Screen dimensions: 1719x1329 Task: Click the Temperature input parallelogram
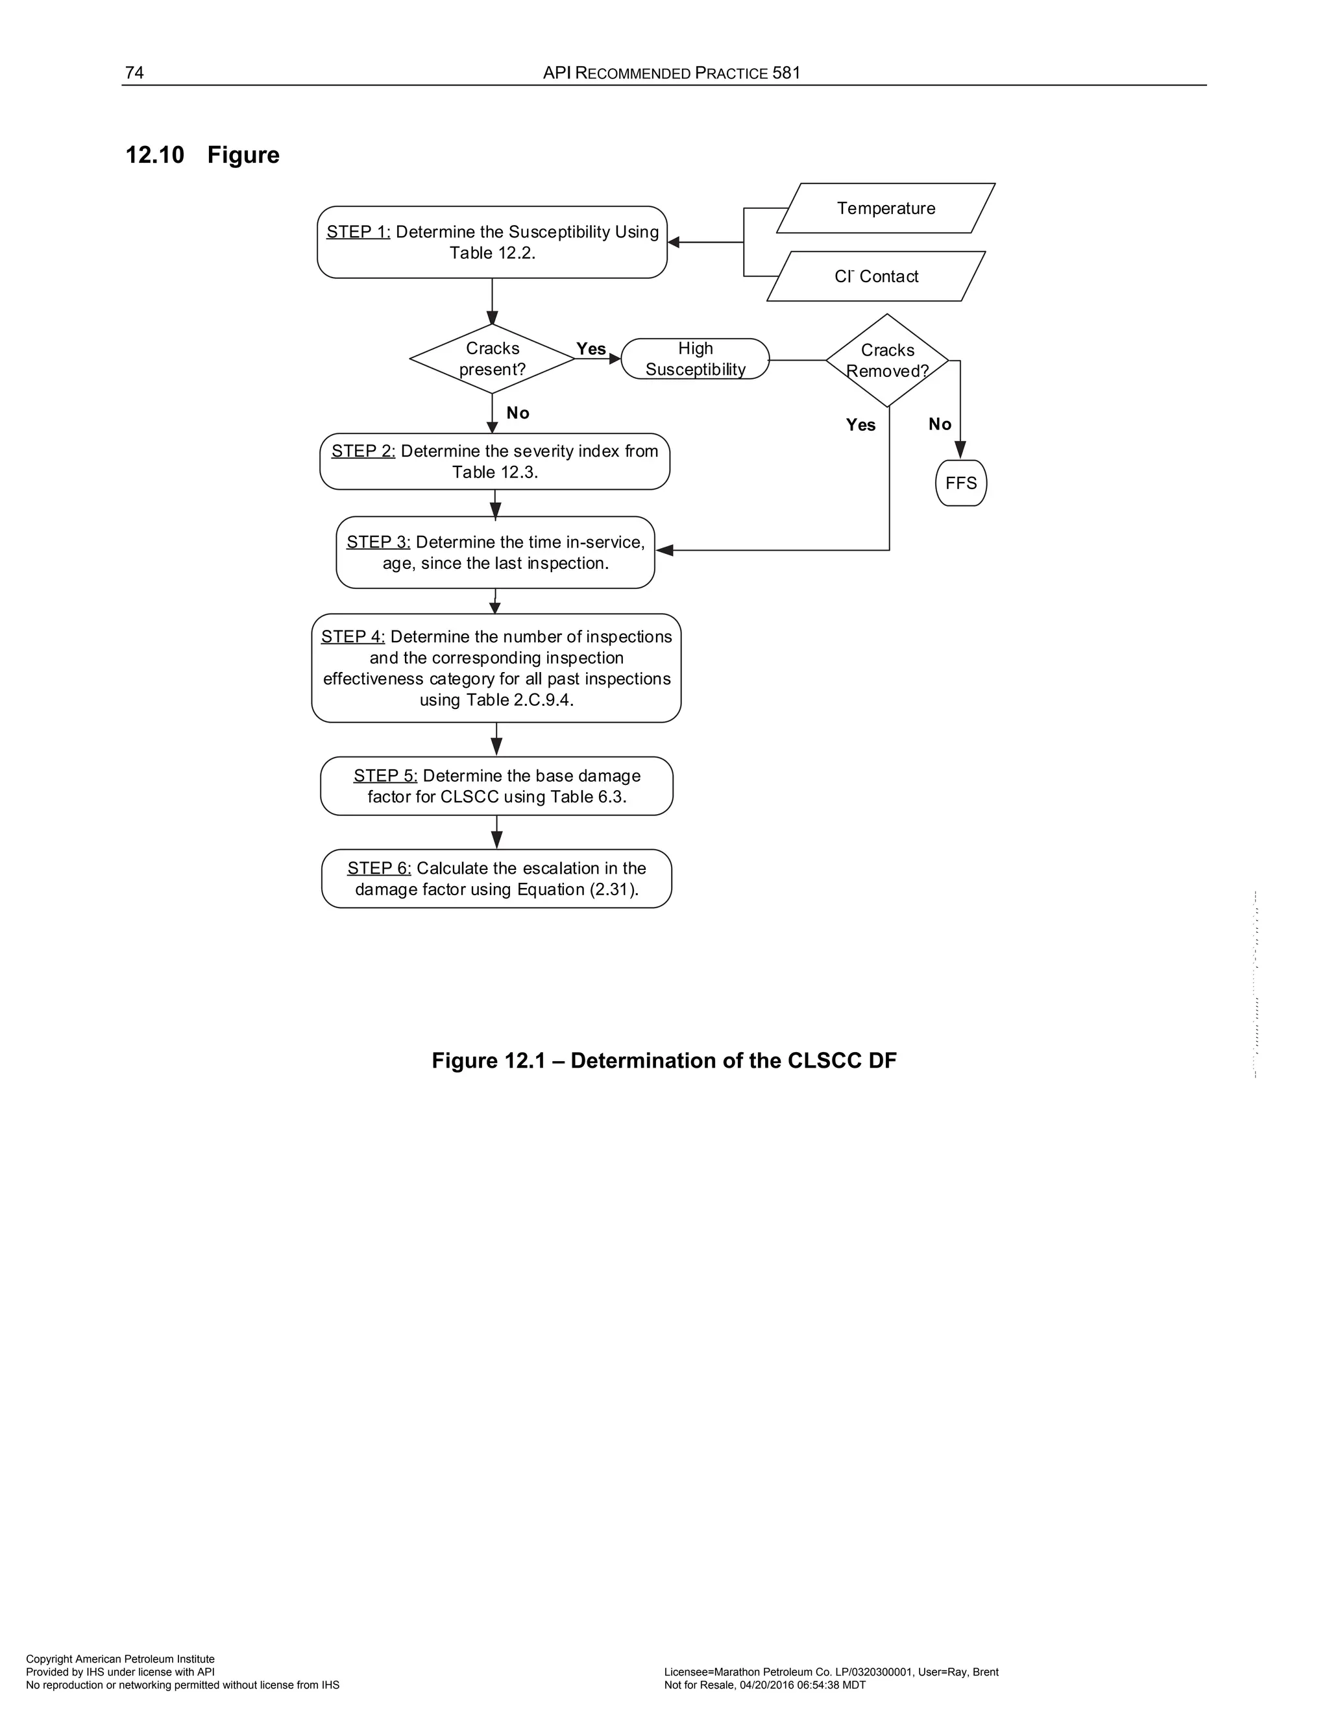[886, 209]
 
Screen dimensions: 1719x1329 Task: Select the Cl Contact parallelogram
[876, 276]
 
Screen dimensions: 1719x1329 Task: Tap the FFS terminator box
[960, 483]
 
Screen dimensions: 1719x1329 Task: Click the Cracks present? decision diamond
[492, 359]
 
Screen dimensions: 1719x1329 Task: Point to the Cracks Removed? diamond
[887, 361]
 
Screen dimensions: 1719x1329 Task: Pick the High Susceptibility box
[695, 359]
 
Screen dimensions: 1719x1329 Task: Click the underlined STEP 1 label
[358, 232]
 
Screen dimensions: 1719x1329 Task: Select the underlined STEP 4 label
[353, 637]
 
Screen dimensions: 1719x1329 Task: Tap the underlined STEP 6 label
[379, 868]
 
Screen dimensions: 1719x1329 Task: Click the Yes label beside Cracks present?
[591, 349]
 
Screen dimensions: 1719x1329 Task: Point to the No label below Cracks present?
[517, 413]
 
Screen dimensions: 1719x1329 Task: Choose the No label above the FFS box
[939, 424]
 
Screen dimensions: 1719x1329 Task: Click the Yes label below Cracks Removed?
[860, 425]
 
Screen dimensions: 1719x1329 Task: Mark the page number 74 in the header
[134, 73]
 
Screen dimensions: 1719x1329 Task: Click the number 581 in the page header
[786, 73]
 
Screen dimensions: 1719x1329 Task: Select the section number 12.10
[155, 155]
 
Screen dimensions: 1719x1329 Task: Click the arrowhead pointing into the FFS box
[960, 450]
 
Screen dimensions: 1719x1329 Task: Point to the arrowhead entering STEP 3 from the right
[664, 550]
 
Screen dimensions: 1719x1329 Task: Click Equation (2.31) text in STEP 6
[577, 889]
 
